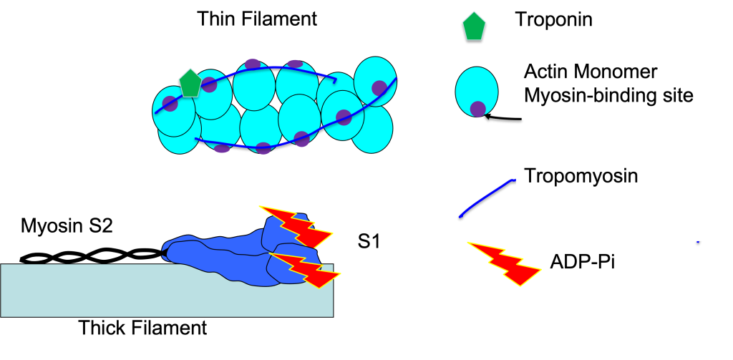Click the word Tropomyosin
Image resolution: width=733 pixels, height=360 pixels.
[x=581, y=176]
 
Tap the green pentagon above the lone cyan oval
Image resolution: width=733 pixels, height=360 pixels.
[x=474, y=26]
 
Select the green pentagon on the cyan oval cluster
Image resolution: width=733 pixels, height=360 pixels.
[x=190, y=83]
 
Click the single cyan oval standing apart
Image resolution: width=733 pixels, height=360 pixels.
[x=477, y=89]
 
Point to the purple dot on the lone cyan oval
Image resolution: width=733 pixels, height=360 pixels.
[x=478, y=109]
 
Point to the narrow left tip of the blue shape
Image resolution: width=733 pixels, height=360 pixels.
[x=166, y=250]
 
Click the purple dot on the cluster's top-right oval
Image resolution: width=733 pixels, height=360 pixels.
[x=379, y=88]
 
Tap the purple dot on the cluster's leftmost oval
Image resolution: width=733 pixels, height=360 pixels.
[x=170, y=104]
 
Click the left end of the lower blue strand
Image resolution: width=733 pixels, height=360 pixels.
[x=196, y=139]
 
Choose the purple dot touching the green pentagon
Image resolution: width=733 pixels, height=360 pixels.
[x=209, y=85]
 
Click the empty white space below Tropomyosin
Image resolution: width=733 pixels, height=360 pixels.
[x=616, y=215]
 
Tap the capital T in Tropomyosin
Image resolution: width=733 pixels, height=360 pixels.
[x=530, y=176]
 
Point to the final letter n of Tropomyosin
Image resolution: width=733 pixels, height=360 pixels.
[x=632, y=177]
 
